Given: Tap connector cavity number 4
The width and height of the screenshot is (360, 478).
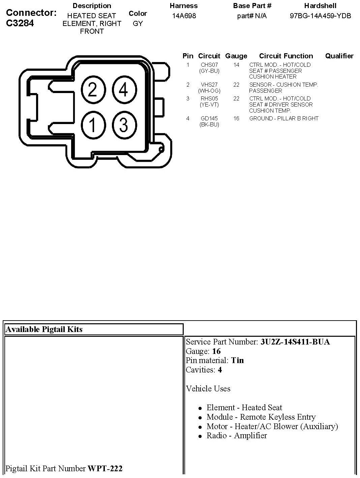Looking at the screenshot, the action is coord(124,90).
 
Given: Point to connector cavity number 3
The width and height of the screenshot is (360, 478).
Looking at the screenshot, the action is coord(124,125).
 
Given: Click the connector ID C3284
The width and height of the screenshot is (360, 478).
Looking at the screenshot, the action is coord(20,23).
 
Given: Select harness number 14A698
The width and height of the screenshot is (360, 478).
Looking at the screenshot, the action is coord(184,16).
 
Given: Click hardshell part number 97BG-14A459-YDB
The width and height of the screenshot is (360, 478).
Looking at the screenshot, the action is coord(320,16).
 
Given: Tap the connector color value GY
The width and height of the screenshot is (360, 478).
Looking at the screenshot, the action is coord(138,24).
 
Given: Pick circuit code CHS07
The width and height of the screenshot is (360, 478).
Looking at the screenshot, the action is coord(209,65).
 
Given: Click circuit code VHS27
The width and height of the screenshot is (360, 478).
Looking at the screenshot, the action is coord(209,85).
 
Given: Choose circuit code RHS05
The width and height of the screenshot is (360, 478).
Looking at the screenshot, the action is coord(209,98).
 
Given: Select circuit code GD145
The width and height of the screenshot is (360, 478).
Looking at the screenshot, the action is coord(209,118).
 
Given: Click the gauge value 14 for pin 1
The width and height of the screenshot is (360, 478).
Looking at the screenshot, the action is coord(236,65).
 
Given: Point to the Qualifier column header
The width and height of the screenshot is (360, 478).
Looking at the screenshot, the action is coord(339,56).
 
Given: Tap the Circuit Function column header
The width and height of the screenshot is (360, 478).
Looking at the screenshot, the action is coord(286,56).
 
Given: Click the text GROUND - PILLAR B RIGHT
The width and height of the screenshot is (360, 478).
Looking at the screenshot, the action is coord(284,118).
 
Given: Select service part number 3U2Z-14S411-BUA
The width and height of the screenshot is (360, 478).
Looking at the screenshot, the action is coord(295,342).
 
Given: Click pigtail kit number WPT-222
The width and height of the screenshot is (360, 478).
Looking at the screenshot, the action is coord(105,469).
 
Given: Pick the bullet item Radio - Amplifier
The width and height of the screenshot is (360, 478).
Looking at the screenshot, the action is coord(237,436).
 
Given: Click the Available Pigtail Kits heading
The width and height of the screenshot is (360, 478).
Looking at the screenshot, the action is coord(44,329).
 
